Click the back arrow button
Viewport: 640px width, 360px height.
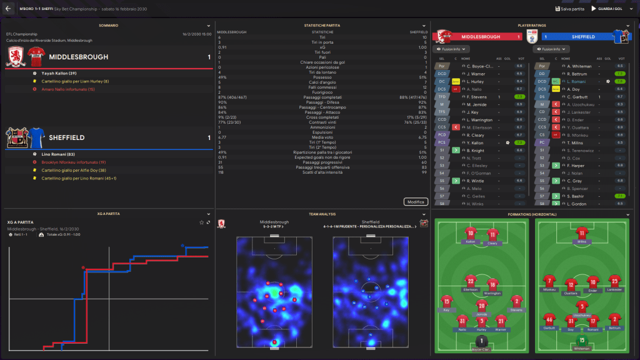[x=8, y=9]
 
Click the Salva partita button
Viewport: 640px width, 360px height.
[x=569, y=9]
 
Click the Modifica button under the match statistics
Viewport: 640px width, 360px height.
[x=416, y=202]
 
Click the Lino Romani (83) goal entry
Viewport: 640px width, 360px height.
[x=54, y=154]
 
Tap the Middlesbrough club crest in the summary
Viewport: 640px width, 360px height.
[x=15, y=57]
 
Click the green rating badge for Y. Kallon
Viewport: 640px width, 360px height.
[x=519, y=142]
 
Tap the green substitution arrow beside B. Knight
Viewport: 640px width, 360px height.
[x=456, y=151]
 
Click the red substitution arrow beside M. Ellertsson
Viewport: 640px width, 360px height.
[x=456, y=127]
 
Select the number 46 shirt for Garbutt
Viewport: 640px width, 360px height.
[x=549, y=319]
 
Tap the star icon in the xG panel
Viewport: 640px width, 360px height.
[x=201, y=222]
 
